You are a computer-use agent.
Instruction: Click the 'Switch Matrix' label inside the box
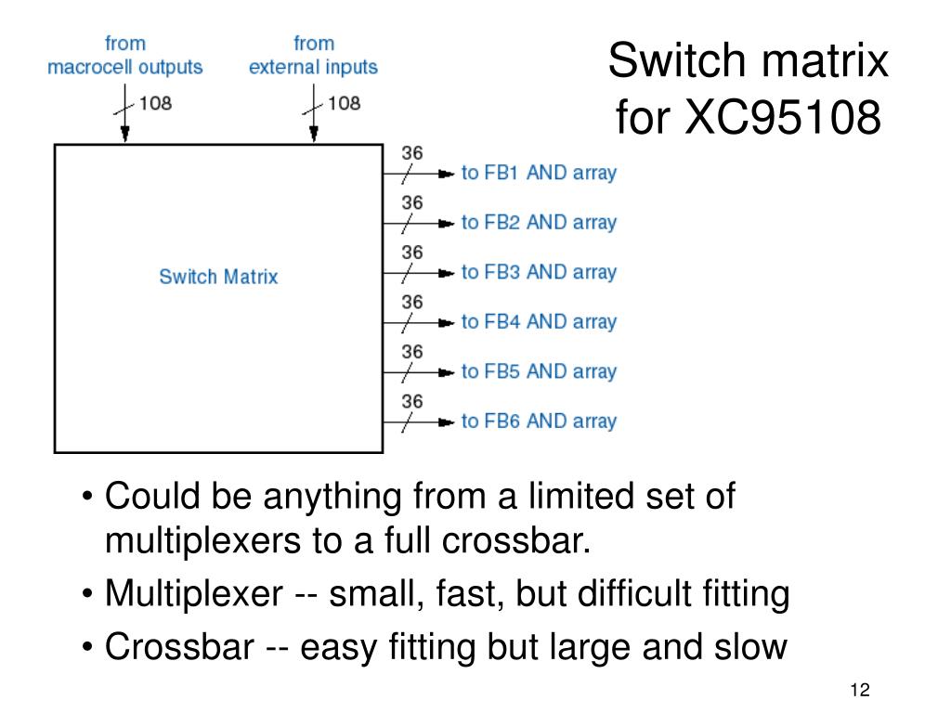pyautogui.click(x=218, y=277)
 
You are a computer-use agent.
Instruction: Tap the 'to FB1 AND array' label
pyautogui.click(x=539, y=173)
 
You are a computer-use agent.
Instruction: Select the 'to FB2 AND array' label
pyautogui.click(x=539, y=223)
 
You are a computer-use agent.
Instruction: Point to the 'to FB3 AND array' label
pyautogui.click(x=539, y=272)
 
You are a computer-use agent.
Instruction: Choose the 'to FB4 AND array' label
pyautogui.click(x=539, y=322)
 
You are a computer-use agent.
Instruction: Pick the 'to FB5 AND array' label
pyautogui.click(x=539, y=371)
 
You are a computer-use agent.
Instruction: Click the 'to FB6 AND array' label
pyautogui.click(x=539, y=421)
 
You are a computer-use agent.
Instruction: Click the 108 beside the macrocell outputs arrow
pyautogui.click(x=155, y=103)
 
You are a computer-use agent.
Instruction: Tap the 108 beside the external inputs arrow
pyautogui.click(x=344, y=103)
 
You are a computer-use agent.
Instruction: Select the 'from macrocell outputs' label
pyautogui.click(x=125, y=56)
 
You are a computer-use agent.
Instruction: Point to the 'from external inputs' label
pyautogui.click(x=313, y=56)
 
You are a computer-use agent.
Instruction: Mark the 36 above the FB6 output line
pyautogui.click(x=412, y=401)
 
